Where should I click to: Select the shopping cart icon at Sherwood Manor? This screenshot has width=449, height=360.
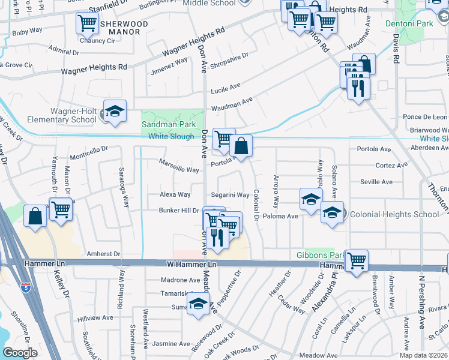tap(87, 23)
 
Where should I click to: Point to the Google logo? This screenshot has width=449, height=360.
tap(20, 353)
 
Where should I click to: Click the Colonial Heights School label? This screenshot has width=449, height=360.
tap(394, 214)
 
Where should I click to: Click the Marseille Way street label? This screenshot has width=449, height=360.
tap(179, 170)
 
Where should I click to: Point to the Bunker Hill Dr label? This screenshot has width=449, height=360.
tap(178, 210)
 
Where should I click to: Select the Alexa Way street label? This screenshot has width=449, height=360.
tap(175, 194)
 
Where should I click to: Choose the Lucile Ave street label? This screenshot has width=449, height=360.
tap(225, 85)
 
